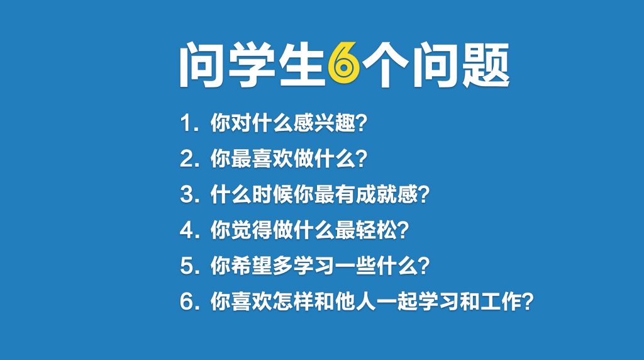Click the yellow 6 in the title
(344, 64)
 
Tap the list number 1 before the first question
(186, 123)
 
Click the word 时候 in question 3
(272, 194)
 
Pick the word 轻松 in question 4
(377, 230)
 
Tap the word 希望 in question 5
(252, 266)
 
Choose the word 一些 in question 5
(356, 266)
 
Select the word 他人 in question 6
(356, 301)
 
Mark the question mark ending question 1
(362, 123)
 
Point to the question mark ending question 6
(528, 301)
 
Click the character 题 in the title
(486, 65)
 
